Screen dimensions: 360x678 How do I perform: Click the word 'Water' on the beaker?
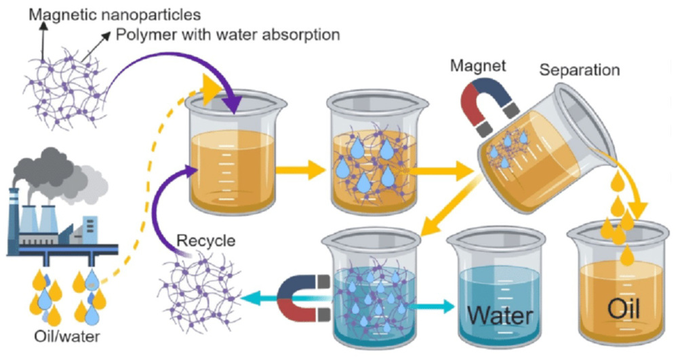500,315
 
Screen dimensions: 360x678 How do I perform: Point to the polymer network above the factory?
65,88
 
